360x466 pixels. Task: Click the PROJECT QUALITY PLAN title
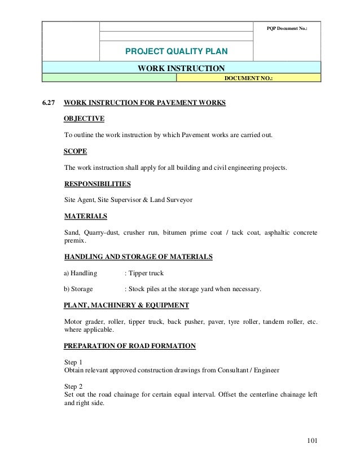click(177, 52)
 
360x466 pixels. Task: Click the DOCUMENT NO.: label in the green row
click(248, 79)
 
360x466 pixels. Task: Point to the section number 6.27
click(49, 103)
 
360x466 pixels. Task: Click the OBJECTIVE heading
click(84, 119)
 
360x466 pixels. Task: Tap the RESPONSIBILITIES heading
click(98, 184)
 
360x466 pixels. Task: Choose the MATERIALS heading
click(86, 216)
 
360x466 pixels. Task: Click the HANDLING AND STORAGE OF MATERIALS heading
click(138, 257)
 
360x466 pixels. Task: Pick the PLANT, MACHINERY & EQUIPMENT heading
click(126, 305)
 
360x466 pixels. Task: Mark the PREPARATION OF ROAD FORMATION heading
click(130, 346)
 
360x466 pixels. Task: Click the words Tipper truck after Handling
click(146, 274)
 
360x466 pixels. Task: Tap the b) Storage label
click(78, 289)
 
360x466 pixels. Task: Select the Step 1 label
click(73, 362)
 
